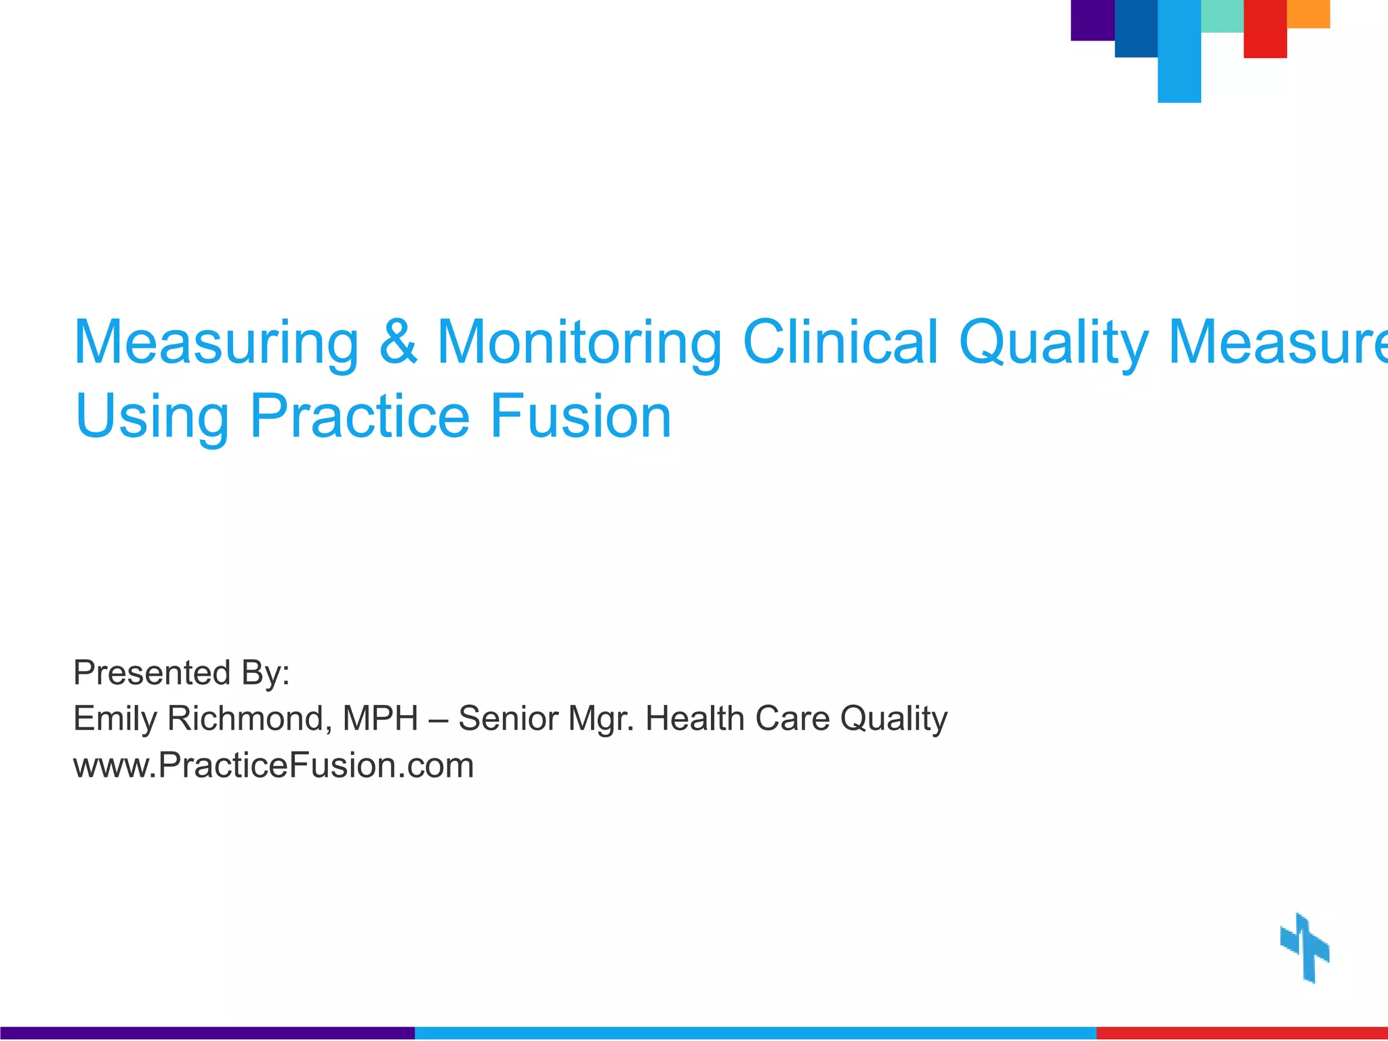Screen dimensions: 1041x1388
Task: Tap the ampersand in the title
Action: tap(398, 342)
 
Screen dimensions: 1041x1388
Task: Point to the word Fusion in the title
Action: tap(580, 416)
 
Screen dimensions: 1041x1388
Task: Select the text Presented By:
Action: tap(182, 673)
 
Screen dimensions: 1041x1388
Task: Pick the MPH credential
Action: tap(380, 718)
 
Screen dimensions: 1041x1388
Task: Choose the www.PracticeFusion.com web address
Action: tap(273, 766)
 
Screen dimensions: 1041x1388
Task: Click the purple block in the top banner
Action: tap(1092, 20)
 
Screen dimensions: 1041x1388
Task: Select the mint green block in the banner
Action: tap(1221, 16)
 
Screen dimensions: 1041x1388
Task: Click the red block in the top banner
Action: tap(1265, 28)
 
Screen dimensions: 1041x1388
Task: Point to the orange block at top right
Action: tap(1308, 14)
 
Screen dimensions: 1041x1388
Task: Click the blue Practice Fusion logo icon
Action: tap(1305, 947)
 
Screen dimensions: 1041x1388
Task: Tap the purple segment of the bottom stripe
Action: tap(207, 1033)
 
